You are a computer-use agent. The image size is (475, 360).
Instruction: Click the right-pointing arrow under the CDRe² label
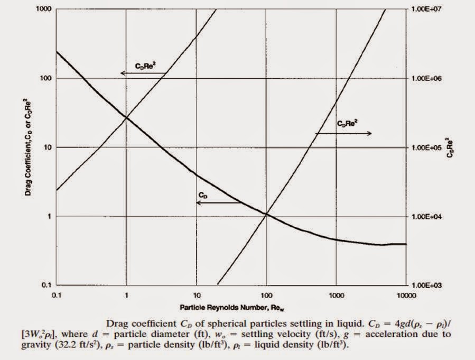343,133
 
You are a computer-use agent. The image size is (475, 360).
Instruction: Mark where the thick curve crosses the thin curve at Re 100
266,215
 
